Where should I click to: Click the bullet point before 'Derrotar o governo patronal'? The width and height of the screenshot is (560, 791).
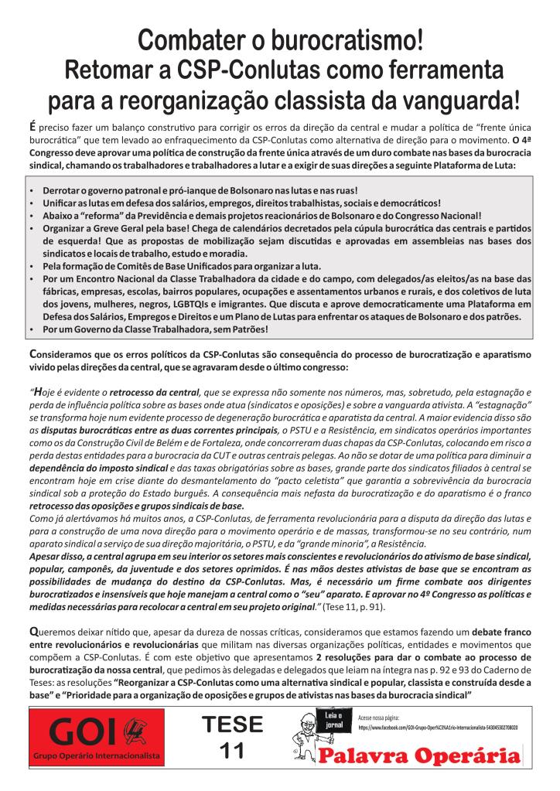(30, 190)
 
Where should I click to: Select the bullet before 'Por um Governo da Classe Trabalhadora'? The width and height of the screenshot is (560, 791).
(30, 329)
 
